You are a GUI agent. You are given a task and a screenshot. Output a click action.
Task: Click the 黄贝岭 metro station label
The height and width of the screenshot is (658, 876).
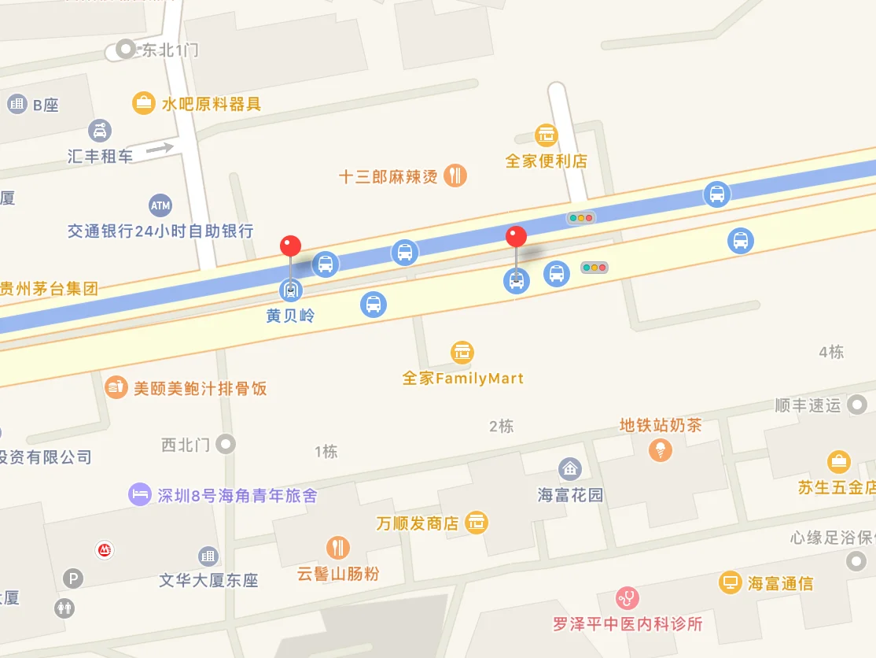(290, 316)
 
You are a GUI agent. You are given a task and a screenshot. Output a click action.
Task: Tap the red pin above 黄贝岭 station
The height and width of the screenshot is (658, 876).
(290, 246)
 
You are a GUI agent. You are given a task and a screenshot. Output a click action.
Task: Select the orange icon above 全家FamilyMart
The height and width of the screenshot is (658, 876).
(462, 353)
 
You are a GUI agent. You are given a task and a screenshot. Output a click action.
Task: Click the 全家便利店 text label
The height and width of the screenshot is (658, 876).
(547, 161)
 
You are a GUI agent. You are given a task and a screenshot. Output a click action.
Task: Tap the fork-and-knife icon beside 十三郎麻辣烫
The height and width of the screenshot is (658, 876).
(455, 176)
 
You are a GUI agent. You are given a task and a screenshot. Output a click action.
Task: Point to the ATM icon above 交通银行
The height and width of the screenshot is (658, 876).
(160, 206)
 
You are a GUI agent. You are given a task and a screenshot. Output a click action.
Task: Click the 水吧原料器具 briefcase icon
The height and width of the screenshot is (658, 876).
(143, 103)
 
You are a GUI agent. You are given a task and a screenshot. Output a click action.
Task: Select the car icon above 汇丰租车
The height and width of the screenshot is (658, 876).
(100, 130)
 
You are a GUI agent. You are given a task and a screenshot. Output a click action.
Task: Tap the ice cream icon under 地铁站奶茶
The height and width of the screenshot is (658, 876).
(661, 450)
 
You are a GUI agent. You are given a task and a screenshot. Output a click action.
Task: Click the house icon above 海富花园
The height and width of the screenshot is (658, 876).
(570, 470)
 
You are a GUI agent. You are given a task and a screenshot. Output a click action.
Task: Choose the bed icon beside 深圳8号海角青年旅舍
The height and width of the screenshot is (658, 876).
(139, 495)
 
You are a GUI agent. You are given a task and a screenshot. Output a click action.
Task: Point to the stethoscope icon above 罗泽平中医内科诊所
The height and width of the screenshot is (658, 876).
(627, 598)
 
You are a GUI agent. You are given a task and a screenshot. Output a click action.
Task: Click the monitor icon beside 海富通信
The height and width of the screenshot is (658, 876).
(731, 583)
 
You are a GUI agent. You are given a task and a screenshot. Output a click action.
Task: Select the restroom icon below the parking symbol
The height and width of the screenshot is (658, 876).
(64, 608)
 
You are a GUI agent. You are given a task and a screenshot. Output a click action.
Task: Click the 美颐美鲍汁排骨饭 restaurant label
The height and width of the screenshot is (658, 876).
(200, 388)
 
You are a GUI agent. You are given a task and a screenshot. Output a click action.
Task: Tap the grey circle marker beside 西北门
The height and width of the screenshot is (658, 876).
(226, 444)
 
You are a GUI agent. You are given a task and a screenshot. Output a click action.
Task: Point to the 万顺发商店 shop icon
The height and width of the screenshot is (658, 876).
(476, 522)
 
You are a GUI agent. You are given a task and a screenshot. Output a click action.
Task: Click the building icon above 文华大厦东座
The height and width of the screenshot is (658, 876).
(208, 556)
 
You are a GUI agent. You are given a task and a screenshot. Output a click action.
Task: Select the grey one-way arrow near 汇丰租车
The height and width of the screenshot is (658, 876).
(160, 147)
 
